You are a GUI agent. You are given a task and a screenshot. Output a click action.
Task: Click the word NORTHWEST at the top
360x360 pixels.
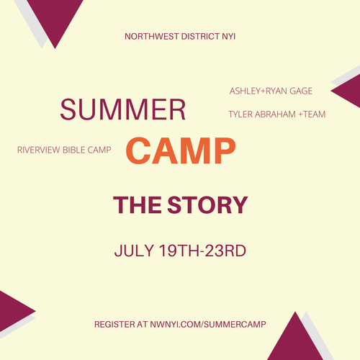[x=152, y=37]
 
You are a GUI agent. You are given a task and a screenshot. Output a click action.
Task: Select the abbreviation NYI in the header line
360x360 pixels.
[x=229, y=37]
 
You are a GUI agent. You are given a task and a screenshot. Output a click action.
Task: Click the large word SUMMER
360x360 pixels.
[x=123, y=109]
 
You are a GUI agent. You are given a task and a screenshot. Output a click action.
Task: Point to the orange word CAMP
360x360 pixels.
[x=181, y=150]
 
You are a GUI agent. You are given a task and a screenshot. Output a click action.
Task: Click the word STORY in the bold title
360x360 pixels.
[x=207, y=204]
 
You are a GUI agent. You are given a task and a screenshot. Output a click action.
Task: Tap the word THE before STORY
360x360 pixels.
[x=138, y=204]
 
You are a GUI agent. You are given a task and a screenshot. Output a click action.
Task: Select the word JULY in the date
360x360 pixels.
[x=134, y=251]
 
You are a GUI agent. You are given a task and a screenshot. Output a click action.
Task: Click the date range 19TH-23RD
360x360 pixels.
[x=202, y=251]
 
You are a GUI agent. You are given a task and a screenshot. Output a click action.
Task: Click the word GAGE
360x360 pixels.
[x=301, y=91]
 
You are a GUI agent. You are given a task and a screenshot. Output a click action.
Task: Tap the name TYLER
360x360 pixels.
[x=240, y=114]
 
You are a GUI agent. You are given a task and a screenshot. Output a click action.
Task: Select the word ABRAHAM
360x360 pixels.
[x=275, y=114]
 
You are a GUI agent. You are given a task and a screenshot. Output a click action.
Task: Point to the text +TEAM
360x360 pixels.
[x=312, y=114]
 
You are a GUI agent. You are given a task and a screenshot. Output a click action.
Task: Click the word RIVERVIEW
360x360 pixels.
[x=39, y=150]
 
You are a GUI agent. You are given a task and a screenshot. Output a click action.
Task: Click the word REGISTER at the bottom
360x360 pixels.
[x=114, y=325]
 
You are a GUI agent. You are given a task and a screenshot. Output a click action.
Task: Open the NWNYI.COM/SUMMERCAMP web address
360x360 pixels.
[x=208, y=325]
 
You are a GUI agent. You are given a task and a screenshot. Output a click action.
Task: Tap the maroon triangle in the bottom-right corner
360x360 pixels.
[x=295, y=340]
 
